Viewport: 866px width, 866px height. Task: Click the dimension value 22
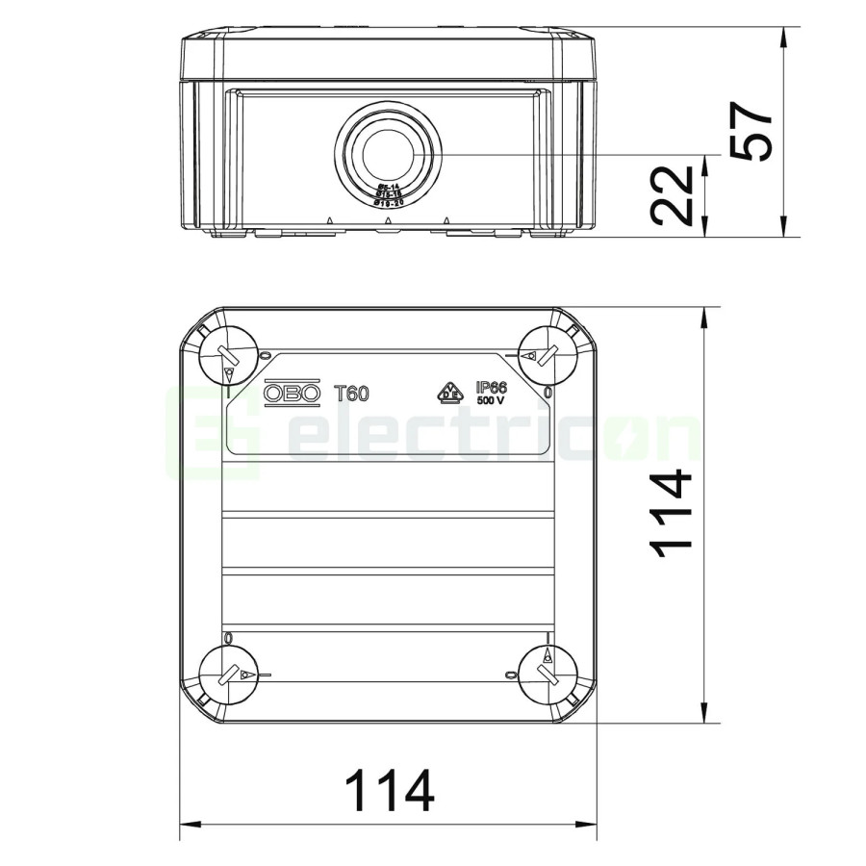(x=672, y=195)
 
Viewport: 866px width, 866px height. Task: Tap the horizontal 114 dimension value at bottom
(x=389, y=792)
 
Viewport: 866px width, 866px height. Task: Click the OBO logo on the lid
(x=293, y=393)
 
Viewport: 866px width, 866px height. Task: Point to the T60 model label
(x=351, y=393)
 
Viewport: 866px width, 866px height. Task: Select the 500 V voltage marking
(x=491, y=401)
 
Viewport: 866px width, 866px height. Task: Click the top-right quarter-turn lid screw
(x=545, y=353)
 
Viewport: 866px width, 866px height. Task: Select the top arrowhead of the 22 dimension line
(x=706, y=161)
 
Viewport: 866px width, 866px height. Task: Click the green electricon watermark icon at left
(x=213, y=433)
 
